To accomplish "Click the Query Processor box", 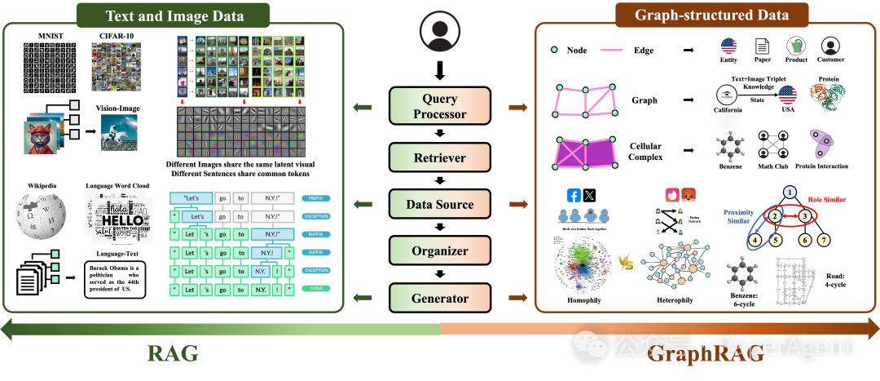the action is click(440, 106).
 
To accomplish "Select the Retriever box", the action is click(440, 157).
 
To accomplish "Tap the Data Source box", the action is click(440, 204).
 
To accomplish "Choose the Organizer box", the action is click(440, 250).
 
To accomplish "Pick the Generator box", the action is click(440, 298).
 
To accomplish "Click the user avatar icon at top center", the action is click(440, 31).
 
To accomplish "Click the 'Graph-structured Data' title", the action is click(711, 15).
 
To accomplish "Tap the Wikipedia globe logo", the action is click(40, 217).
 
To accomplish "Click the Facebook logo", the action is click(574, 196).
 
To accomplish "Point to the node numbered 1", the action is click(789, 192).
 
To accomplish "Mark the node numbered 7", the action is click(824, 240).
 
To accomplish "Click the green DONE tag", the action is click(316, 289).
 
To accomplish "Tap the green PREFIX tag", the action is click(316, 198).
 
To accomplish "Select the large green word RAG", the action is click(173, 353).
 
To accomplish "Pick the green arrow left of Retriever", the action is click(363, 157).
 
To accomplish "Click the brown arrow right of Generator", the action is click(517, 298).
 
